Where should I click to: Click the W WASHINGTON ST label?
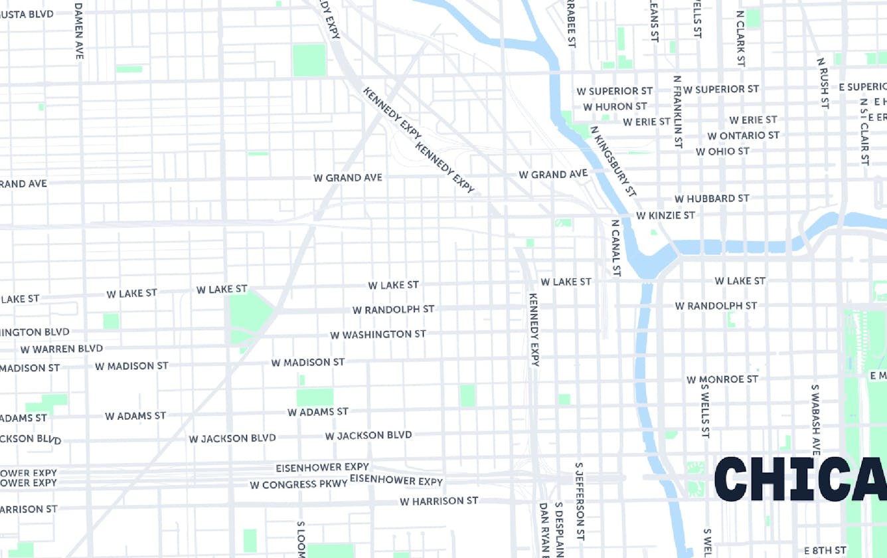[x=378, y=335]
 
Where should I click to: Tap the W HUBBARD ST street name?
[x=712, y=199]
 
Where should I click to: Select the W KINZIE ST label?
[x=665, y=215]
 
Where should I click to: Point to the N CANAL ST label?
[x=616, y=248]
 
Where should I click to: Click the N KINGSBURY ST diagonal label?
[x=613, y=161]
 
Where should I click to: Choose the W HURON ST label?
[x=615, y=106]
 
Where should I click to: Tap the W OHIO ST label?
[x=722, y=151]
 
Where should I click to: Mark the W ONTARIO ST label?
[x=743, y=136]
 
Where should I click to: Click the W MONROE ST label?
[x=722, y=379]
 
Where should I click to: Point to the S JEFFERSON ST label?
[x=580, y=500]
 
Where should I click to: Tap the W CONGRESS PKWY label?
[x=298, y=485]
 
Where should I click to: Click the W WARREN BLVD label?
[x=61, y=349]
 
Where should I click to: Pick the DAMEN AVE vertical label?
[x=79, y=31]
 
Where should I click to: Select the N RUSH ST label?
[x=824, y=83]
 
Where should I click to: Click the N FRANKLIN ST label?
[x=677, y=111]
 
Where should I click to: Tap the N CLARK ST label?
[x=740, y=38]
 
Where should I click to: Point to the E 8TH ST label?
[x=825, y=550]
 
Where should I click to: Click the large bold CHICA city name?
[x=800, y=479]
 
